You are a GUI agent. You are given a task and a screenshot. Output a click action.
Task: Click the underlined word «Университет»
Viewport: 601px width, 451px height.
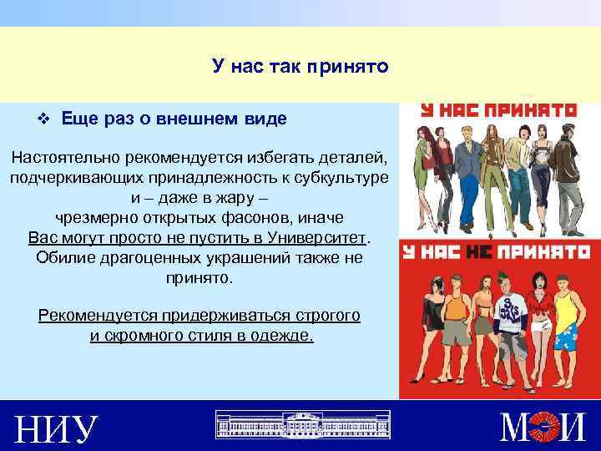tap(321, 236)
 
